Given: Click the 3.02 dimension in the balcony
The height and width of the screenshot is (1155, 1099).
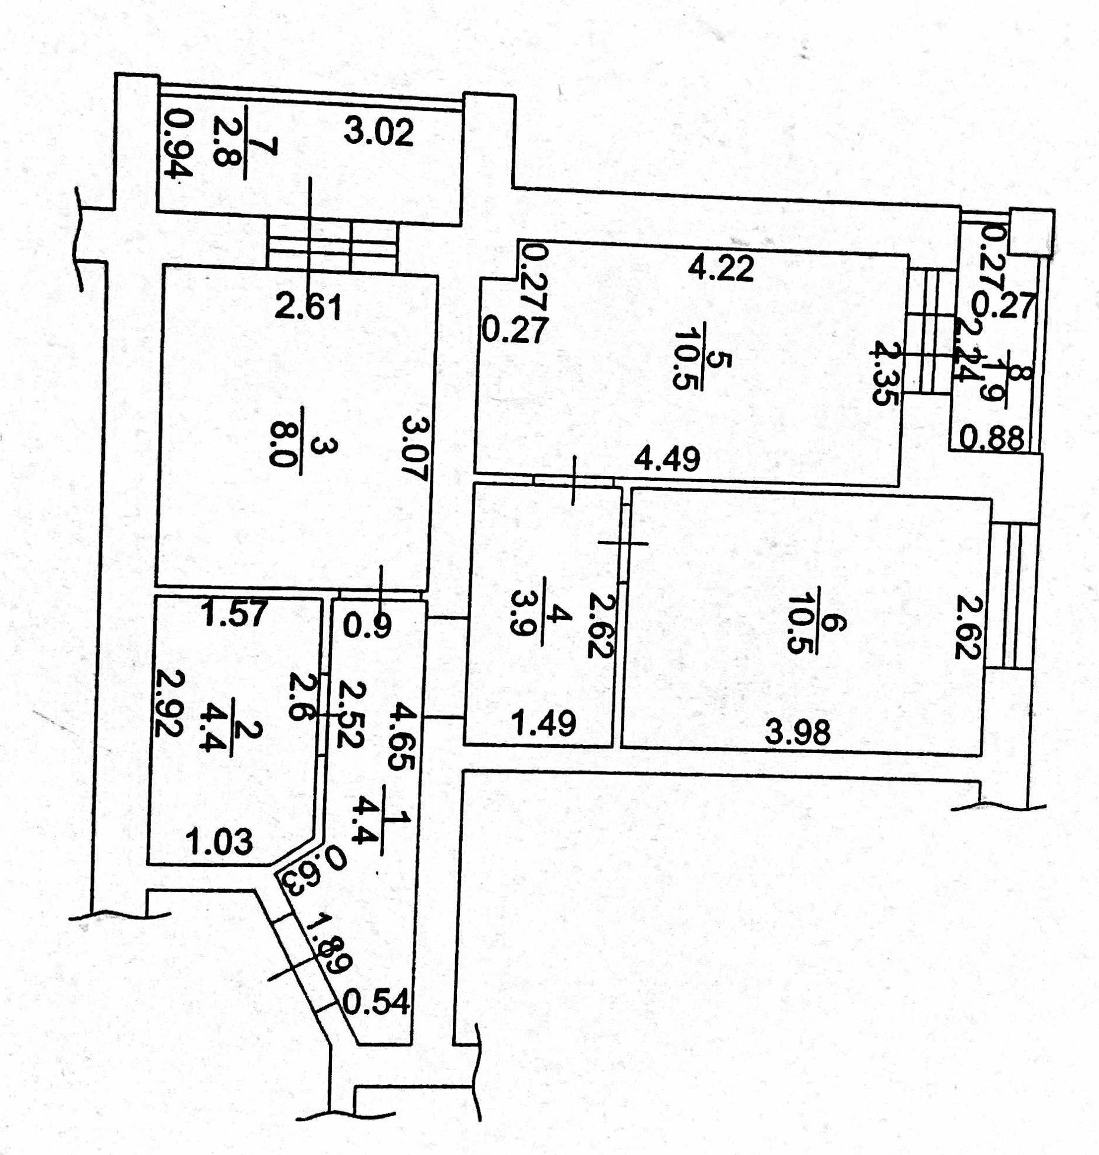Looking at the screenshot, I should (379, 133).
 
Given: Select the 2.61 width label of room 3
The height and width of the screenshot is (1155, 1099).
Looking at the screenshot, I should (308, 308).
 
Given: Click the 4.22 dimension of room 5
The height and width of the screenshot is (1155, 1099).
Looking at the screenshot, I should (721, 269).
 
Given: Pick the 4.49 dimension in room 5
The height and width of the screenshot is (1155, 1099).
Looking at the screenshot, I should (667, 458).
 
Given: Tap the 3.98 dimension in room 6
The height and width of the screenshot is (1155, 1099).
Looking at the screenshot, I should (798, 732).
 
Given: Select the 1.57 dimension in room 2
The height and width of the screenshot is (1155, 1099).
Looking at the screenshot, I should (235, 615).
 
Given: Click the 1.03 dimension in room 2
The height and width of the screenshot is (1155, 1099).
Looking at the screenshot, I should (219, 841).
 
